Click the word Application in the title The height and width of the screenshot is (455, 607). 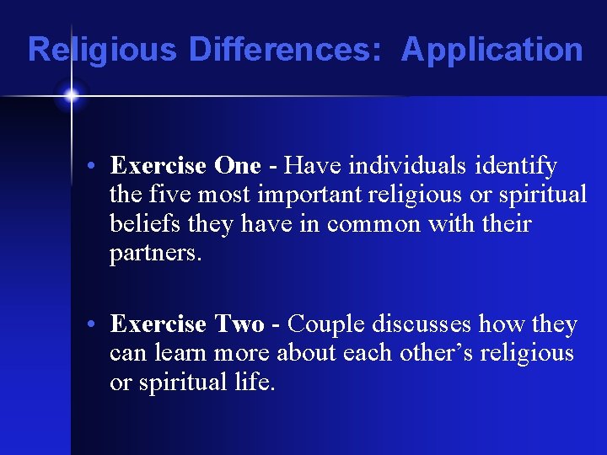tap(492, 51)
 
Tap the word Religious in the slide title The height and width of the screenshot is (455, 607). tap(102, 51)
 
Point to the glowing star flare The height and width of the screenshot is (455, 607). tap(71, 96)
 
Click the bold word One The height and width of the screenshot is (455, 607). tap(239, 166)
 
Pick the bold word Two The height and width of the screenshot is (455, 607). tap(239, 324)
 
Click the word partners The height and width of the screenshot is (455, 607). tap(155, 253)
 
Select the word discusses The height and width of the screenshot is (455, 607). tap(428, 324)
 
